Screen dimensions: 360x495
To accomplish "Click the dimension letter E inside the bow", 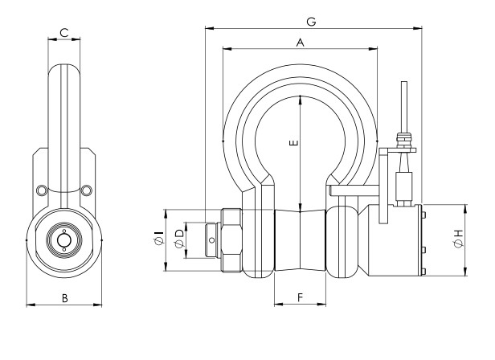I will point(294,144).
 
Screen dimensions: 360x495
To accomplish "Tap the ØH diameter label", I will point(457,238).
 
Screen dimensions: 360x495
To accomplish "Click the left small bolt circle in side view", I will point(41,190).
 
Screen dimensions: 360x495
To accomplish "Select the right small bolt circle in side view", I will point(87,190).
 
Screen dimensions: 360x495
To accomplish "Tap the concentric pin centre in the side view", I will point(63,240).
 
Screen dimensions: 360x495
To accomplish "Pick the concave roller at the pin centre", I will point(300,240).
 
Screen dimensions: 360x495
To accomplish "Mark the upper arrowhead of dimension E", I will point(300,99).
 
